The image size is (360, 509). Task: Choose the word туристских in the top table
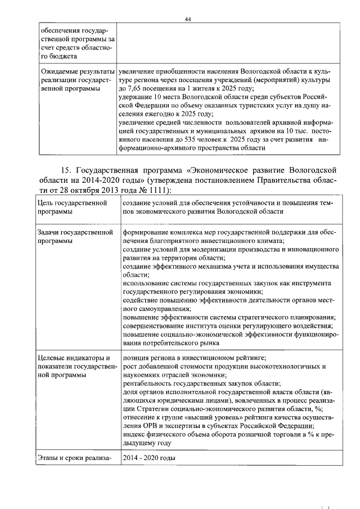click(x=229, y=105)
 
